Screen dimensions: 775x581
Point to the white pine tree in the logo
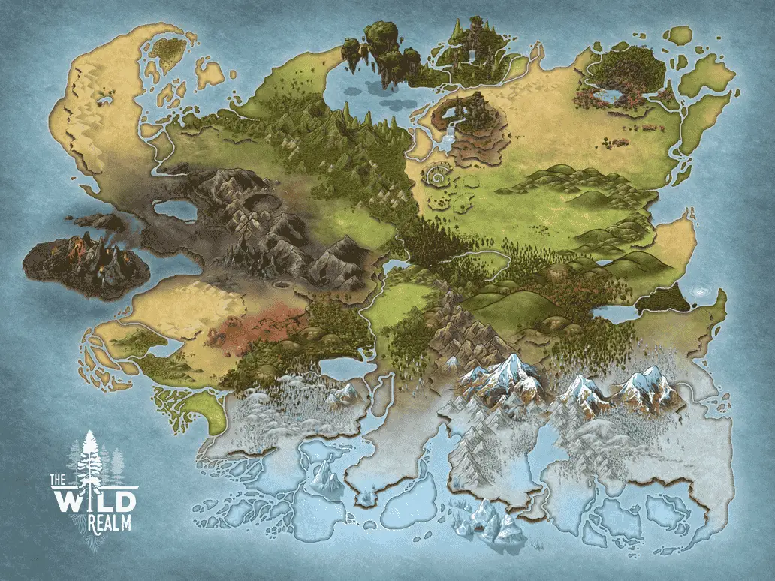point(92,458)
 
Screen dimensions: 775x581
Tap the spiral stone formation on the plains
point(437,177)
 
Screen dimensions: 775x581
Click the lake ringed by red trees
point(609,97)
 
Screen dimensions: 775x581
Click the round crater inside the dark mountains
point(279,286)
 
